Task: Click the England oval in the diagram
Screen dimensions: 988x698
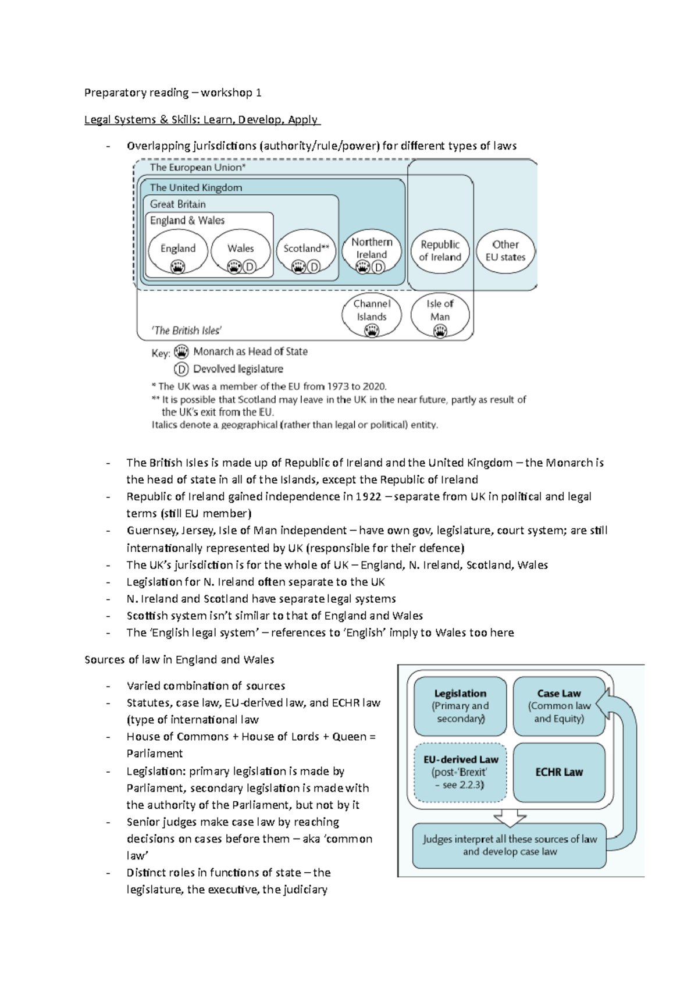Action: (177, 251)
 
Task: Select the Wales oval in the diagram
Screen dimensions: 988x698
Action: (240, 251)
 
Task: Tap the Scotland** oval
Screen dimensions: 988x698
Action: (306, 251)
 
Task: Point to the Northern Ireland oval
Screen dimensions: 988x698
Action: (372, 251)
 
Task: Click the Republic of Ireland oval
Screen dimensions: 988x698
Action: (440, 251)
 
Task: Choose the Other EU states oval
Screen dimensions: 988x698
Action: (505, 251)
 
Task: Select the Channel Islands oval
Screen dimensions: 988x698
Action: (372, 315)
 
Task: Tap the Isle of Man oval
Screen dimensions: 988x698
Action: (440, 315)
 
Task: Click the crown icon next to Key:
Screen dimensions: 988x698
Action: (181, 352)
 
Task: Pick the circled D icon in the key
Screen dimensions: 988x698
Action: (181, 369)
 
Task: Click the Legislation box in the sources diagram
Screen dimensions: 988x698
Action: (460, 706)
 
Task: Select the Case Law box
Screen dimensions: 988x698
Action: (559, 706)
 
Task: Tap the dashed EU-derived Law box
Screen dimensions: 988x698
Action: (460, 772)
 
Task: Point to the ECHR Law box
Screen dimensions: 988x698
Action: (559, 772)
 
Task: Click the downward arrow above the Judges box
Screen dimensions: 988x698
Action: (510, 818)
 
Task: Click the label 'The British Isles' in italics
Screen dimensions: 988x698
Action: (186, 330)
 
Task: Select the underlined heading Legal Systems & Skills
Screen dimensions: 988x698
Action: (201, 120)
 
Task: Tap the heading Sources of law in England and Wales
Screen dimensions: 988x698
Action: (179, 659)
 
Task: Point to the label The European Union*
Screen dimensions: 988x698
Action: (198, 168)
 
